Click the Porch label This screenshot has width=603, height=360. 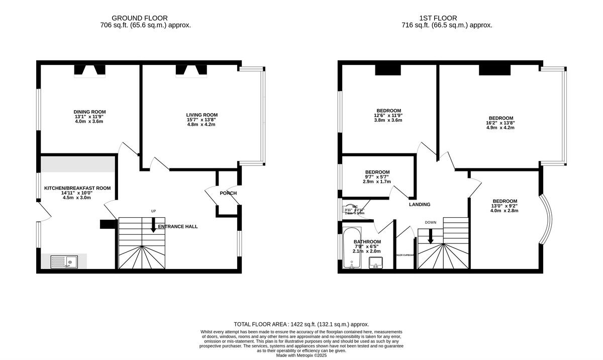228,193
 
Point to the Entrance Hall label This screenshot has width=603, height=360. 178,227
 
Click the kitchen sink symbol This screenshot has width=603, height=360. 64,261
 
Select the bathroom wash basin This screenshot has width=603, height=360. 376,262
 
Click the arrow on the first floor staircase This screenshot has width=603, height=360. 431,236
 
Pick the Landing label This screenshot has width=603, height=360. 419,205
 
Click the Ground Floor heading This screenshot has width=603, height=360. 140,18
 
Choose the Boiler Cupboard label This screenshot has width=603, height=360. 405,255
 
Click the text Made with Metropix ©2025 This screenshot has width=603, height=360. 301,355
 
